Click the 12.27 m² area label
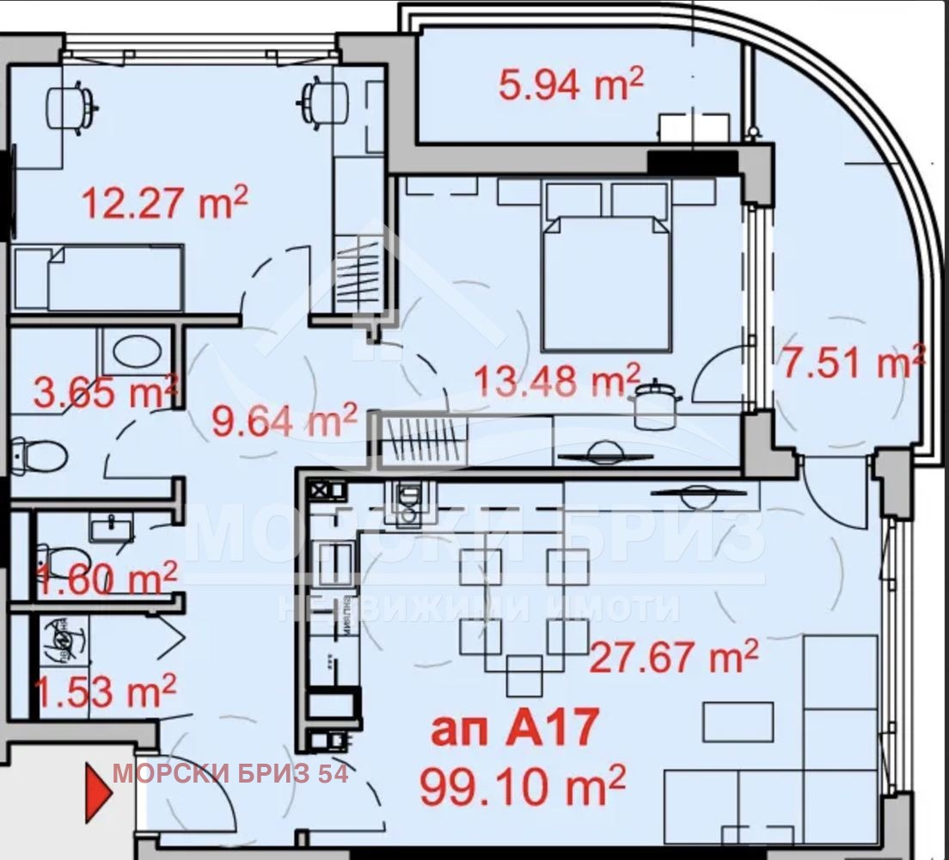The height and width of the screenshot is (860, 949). click(x=164, y=204)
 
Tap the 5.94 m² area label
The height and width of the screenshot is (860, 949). click(x=571, y=84)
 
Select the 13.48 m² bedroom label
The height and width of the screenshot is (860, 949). click(x=559, y=379)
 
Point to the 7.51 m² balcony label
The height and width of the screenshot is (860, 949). click(x=852, y=362)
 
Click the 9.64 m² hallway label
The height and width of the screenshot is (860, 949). click(x=285, y=421)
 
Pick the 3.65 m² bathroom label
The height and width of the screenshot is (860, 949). click(x=105, y=392)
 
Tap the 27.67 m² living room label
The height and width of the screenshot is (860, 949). click(x=674, y=656)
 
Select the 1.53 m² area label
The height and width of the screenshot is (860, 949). click(x=104, y=691)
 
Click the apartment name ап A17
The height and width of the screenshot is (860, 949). click(x=513, y=729)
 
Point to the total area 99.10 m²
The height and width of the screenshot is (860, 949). click(x=522, y=785)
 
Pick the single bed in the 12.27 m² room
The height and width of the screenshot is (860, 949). click(x=98, y=277)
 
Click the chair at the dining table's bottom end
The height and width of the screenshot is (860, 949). click(x=523, y=675)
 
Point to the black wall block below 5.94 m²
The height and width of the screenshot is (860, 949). click(x=692, y=161)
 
